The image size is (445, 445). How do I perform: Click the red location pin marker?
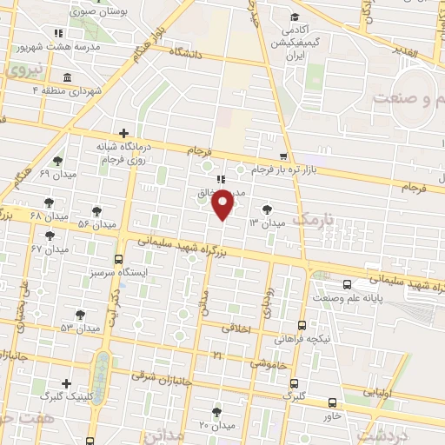click(x=223, y=205)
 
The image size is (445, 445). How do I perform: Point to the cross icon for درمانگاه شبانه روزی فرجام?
click(x=124, y=134)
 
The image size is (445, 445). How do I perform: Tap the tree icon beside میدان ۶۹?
click(x=57, y=160)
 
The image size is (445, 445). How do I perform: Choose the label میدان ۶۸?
click(x=48, y=215)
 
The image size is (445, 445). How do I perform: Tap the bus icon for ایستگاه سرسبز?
click(x=119, y=259)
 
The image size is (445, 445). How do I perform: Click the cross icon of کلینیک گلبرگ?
click(x=66, y=382)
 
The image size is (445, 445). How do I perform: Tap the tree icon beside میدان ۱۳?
click(x=267, y=209)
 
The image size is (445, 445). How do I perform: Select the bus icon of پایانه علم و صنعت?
click(x=348, y=284)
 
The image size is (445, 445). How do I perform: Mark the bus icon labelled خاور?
click(x=333, y=402)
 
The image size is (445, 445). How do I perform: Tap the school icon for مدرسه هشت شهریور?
click(x=59, y=32)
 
